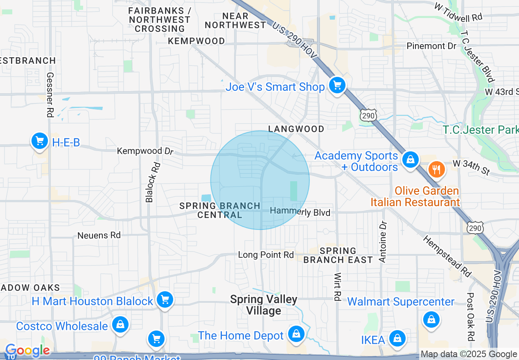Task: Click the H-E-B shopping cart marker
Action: (40, 141)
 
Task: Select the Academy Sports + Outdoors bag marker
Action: (410, 160)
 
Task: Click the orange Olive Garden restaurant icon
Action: (436, 169)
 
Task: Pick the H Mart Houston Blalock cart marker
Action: (165, 300)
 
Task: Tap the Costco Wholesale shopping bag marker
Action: (120, 325)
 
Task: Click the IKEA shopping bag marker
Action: (397, 338)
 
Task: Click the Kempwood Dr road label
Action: (145, 151)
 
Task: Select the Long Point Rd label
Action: (266, 255)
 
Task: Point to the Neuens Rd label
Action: (99, 235)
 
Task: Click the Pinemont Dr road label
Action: (431, 46)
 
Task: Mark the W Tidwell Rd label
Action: (458, 12)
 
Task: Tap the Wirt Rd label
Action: (338, 287)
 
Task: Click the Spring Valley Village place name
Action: (264, 305)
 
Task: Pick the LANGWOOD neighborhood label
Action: (296, 129)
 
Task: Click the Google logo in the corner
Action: (27, 351)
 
